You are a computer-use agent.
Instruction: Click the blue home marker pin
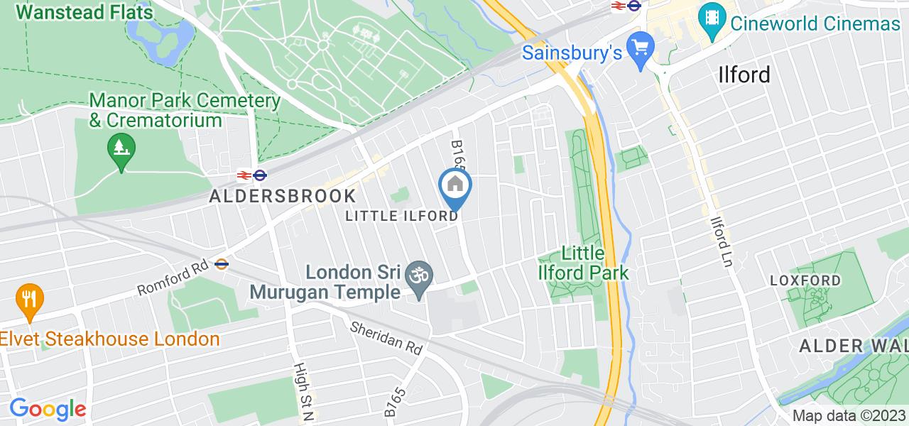pyautogui.click(x=454, y=187)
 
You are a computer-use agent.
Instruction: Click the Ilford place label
pyautogui.click(x=744, y=75)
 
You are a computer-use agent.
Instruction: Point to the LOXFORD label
pyautogui.click(x=805, y=280)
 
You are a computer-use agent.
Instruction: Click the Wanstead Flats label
pyautogui.click(x=87, y=12)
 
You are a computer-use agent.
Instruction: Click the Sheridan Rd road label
pyautogui.click(x=386, y=337)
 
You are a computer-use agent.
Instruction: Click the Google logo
pyautogui.click(x=48, y=409)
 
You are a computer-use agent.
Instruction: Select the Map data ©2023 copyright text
pyautogui.click(x=849, y=415)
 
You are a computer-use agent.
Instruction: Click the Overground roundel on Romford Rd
pyautogui.click(x=222, y=263)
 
